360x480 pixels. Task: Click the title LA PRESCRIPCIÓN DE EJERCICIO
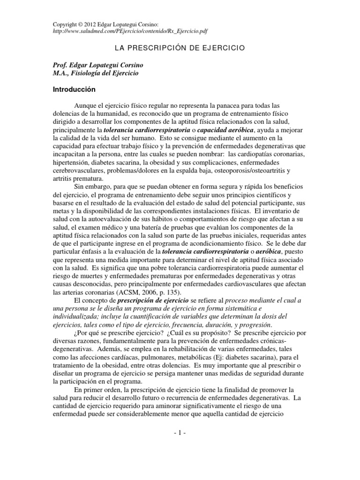tap(180, 48)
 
